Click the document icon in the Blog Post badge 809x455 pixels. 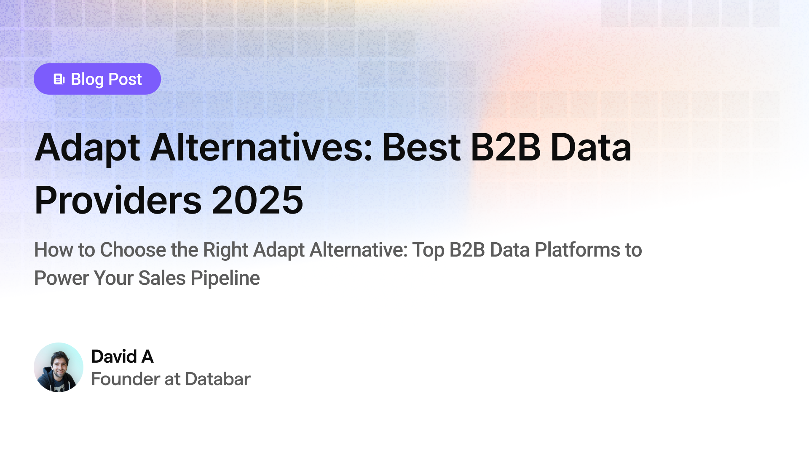point(59,79)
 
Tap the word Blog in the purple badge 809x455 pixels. point(87,80)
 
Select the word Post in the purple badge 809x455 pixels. point(125,79)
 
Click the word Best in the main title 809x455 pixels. point(421,147)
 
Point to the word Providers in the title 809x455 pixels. point(118,200)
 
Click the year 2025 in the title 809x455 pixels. point(257,200)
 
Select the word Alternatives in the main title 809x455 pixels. point(262,147)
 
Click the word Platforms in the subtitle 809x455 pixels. point(577,250)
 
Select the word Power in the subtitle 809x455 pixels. point(62,278)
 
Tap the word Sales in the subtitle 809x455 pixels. point(162,278)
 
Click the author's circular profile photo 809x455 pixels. point(59,367)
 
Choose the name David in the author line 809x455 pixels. point(114,357)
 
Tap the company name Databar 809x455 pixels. point(218,379)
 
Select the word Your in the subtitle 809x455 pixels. point(114,278)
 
